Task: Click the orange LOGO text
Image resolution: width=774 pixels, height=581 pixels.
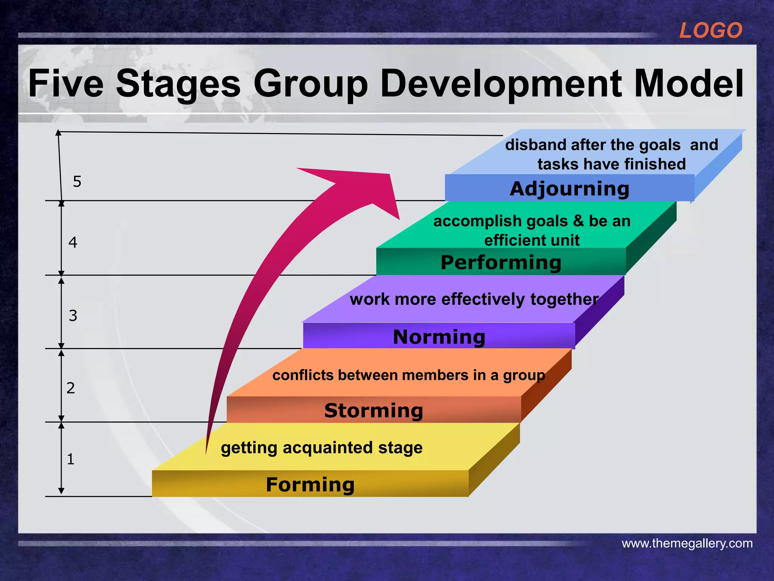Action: (711, 31)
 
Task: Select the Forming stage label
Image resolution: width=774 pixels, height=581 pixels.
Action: (310, 485)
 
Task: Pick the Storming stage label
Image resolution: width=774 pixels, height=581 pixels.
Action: (373, 411)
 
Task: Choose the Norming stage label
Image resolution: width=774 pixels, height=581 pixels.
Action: (439, 337)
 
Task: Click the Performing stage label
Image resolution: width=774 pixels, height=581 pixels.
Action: (501, 263)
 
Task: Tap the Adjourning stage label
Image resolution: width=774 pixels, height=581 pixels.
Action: (570, 189)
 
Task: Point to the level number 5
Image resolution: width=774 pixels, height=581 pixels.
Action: (77, 182)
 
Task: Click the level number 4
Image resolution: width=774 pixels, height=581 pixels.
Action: (73, 242)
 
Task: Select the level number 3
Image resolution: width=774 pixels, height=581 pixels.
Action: (73, 315)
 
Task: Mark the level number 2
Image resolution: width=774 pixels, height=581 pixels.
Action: (71, 388)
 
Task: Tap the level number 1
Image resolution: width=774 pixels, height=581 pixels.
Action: (71, 459)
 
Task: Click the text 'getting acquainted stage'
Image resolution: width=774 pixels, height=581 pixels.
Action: (322, 448)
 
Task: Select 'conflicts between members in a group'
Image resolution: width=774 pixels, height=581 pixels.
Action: (409, 375)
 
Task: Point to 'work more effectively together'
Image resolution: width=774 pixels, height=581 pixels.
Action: (474, 299)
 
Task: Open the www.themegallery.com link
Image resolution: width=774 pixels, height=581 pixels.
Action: (687, 544)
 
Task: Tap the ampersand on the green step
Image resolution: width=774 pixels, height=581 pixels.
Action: (578, 221)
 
